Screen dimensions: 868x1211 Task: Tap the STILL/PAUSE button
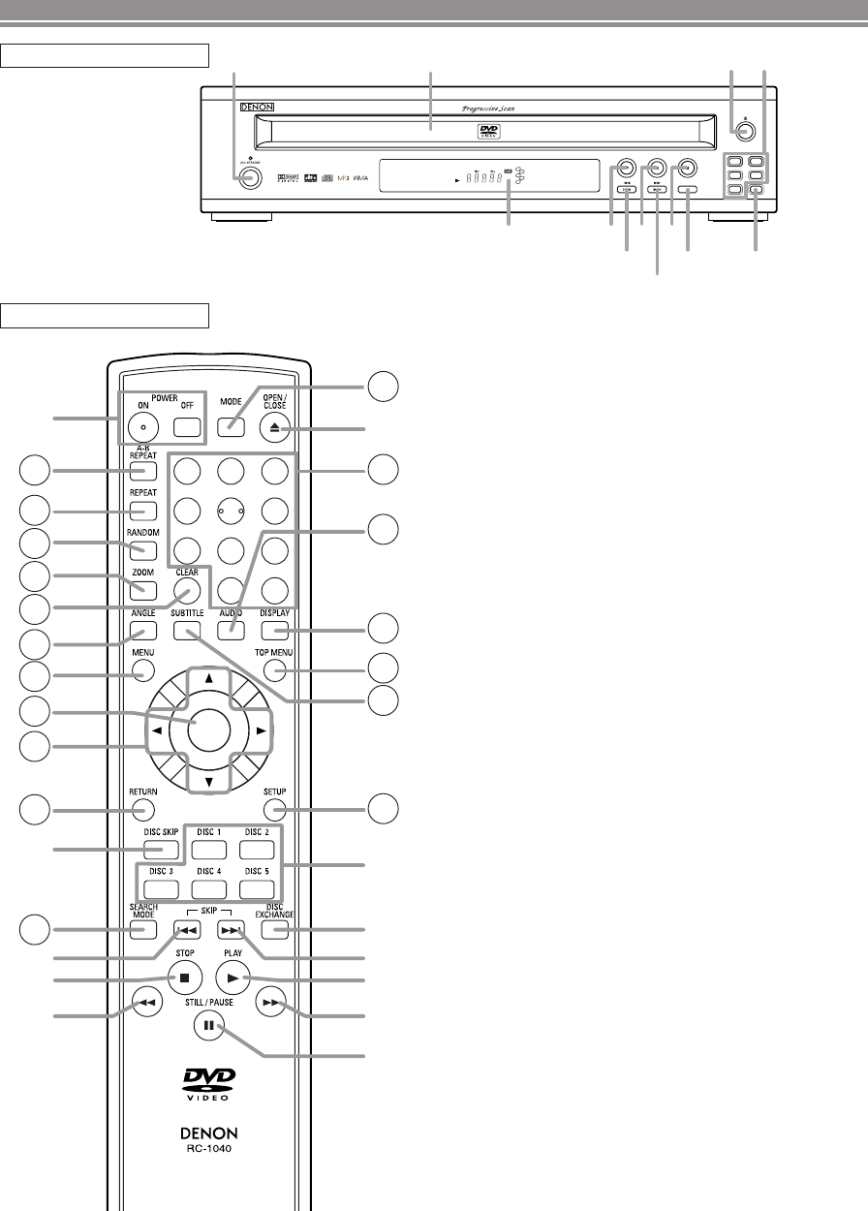(x=207, y=1025)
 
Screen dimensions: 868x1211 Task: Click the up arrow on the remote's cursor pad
(x=209, y=679)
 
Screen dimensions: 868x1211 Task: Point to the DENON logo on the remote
(x=209, y=1132)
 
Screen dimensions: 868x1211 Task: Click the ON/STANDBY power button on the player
(x=250, y=177)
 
